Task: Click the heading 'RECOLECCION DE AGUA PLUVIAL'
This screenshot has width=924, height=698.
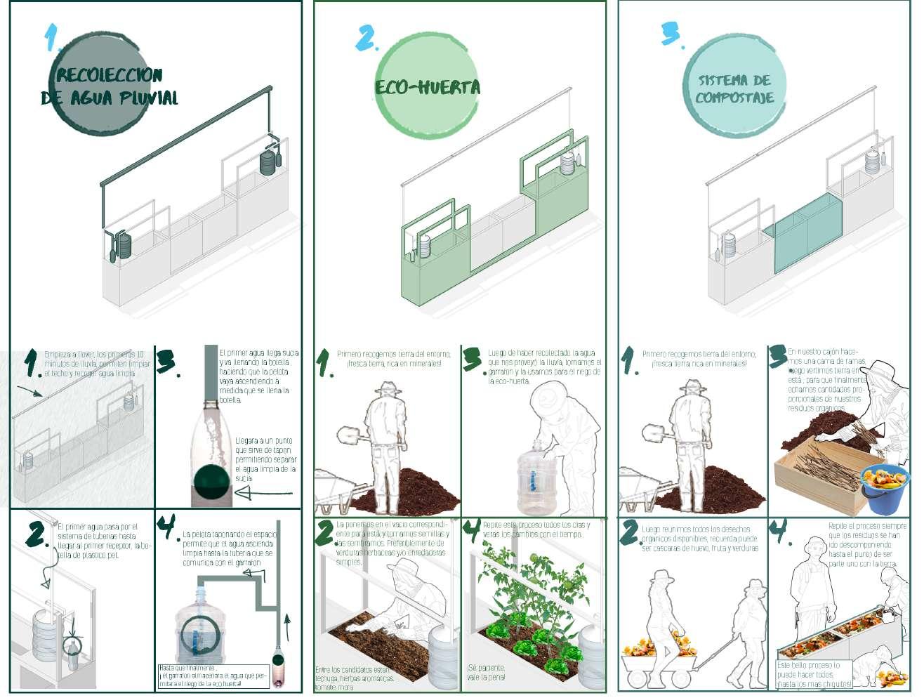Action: (x=110, y=86)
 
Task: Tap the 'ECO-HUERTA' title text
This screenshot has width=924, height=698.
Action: (x=428, y=88)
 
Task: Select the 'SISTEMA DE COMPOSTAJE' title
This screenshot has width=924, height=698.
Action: (x=734, y=89)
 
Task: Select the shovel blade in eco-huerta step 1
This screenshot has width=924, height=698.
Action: (x=349, y=435)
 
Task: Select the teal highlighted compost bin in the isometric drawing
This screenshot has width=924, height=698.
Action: (x=807, y=235)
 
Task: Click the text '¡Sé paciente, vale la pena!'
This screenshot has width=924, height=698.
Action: (x=486, y=672)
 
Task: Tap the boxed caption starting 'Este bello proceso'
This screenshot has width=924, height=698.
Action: (x=814, y=674)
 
